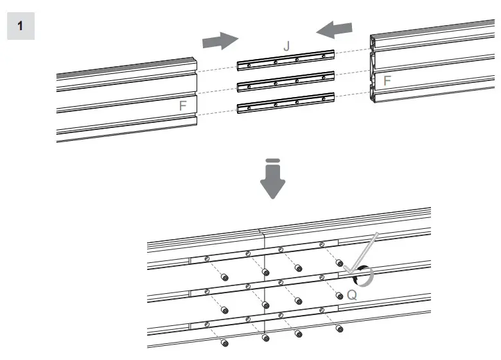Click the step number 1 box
pyautogui.click(x=21, y=26)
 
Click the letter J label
pyautogui.click(x=287, y=46)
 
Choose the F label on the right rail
pyautogui.click(x=387, y=81)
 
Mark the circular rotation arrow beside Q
pyautogui.click(x=363, y=276)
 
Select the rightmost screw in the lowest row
pyautogui.click(x=339, y=329)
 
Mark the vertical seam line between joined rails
pyautogui.click(x=265, y=289)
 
